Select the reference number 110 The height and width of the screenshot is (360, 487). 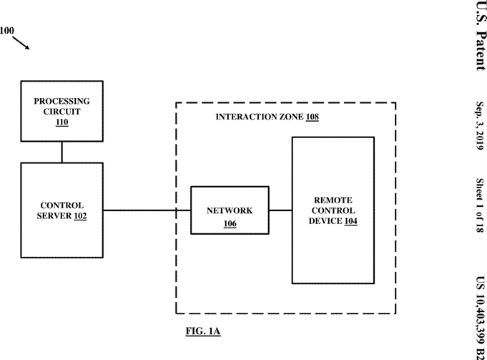tap(62, 122)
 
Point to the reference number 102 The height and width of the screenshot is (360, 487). tap(79, 215)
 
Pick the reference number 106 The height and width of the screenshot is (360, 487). tap(230, 224)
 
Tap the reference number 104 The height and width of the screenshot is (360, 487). tap(350, 222)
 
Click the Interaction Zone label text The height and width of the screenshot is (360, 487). tap(260, 116)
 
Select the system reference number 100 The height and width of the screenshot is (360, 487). tap(6, 31)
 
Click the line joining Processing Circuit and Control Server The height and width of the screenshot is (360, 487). tap(62, 152)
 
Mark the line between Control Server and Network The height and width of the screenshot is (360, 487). tap(147, 210)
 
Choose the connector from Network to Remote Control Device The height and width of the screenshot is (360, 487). tap(280, 210)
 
